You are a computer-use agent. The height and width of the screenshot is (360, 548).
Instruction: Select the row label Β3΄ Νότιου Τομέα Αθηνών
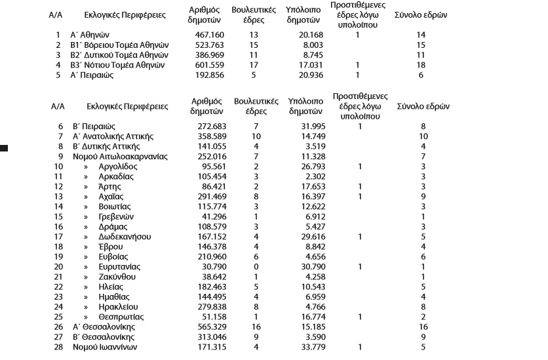pyautogui.click(x=121, y=65)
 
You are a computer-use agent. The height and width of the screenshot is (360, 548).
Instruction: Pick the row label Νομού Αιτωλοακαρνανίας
pyautogui.click(x=121, y=157)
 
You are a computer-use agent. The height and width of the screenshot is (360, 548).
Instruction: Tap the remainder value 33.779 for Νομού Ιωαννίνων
pyautogui.click(x=305, y=347)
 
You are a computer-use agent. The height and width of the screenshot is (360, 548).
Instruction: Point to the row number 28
pyautogui.click(x=58, y=347)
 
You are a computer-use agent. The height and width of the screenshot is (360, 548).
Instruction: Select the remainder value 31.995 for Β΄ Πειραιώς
pyautogui.click(x=305, y=126)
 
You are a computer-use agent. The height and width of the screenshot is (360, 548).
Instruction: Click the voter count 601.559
pyautogui.click(x=203, y=65)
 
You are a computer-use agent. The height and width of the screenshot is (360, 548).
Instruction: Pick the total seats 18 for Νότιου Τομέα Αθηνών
pyautogui.click(x=421, y=65)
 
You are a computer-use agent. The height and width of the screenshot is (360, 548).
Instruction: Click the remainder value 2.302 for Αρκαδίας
pyautogui.click(x=307, y=176)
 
